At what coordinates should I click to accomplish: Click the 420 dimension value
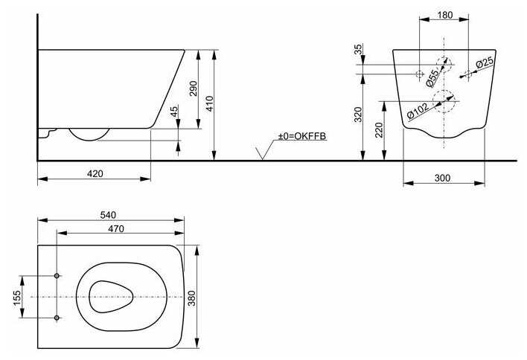point(95,173)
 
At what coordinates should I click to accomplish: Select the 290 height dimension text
point(194,89)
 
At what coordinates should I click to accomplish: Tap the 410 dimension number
point(209,104)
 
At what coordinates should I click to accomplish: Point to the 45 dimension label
point(173,112)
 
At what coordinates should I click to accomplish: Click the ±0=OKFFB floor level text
point(301,136)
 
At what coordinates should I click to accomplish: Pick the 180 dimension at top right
point(445,15)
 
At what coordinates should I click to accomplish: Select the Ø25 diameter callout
point(485,62)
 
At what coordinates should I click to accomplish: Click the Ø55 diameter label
point(432,78)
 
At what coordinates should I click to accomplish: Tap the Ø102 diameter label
point(418,111)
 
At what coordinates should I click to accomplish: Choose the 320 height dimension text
point(358,115)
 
